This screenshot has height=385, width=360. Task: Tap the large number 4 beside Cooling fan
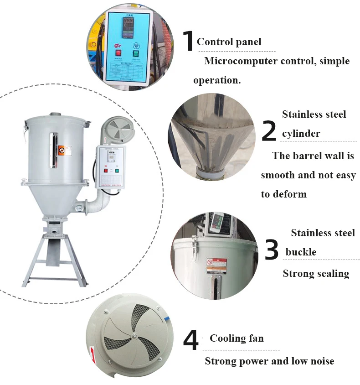pyautogui.click(x=191, y=341)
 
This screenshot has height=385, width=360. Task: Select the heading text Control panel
pyautogui.click(x=229, y=42)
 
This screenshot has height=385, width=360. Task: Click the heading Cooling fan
pyautogui.click(x=237, y=338)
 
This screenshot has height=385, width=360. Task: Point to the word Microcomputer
pyautogui.click(x=240, y=61)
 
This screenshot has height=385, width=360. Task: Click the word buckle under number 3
pyautogui.click(x=301, y=252)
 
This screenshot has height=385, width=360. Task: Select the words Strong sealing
pyautogui.click(x=316, y=274)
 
